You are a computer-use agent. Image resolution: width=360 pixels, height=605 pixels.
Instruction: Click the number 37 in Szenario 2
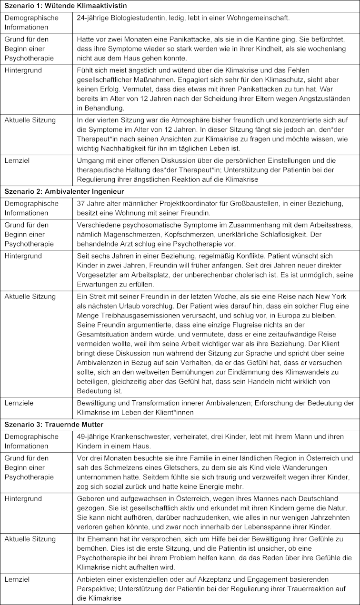tap(81, 204)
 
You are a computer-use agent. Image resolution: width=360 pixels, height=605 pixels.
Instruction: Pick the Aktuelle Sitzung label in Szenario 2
tap(30, 297)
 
